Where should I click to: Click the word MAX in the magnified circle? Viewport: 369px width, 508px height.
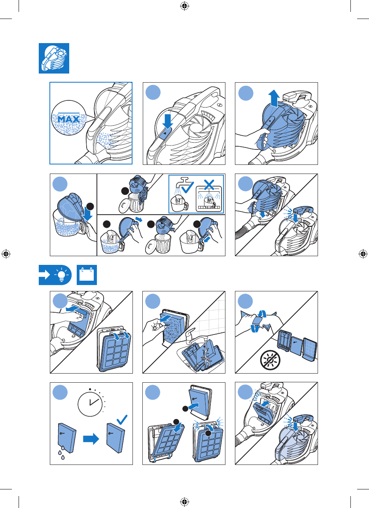[68, 119]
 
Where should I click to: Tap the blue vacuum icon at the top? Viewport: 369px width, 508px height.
[54, 58]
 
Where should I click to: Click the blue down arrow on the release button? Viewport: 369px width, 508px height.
[168, 121]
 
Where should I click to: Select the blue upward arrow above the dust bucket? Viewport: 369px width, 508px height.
[274, 98]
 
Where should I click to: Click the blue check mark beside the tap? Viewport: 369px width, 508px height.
[187, 187]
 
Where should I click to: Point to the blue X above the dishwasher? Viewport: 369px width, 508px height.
[209, 185]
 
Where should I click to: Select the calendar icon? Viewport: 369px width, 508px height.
[87, 275]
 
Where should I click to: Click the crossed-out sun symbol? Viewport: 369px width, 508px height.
[270, 360]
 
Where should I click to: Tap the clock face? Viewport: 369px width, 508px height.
[90, 404]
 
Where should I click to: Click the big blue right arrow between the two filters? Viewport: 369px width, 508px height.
[91, 439]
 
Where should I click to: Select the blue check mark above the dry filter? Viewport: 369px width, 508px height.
[122, 419]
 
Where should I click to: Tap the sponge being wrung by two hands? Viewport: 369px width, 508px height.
[258, 321]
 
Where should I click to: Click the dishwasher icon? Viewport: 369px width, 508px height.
[209, 199]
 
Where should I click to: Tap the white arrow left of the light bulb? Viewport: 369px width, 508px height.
[45, 275]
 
